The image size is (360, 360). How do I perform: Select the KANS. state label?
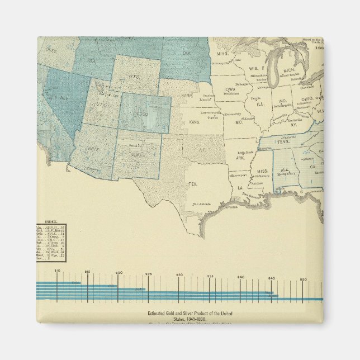click(195, 121)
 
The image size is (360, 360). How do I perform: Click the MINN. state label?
click(222, 54)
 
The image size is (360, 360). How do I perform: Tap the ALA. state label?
click(285, 169)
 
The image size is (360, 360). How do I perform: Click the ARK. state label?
click(241, 158)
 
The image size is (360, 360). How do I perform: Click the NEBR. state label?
click(187, 94)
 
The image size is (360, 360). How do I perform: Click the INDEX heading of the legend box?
click(52, 221)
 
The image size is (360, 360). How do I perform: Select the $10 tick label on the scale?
click(57, 271)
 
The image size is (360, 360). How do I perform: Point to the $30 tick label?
click(179, 276)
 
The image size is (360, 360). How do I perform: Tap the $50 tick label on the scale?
click(303, 279)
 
